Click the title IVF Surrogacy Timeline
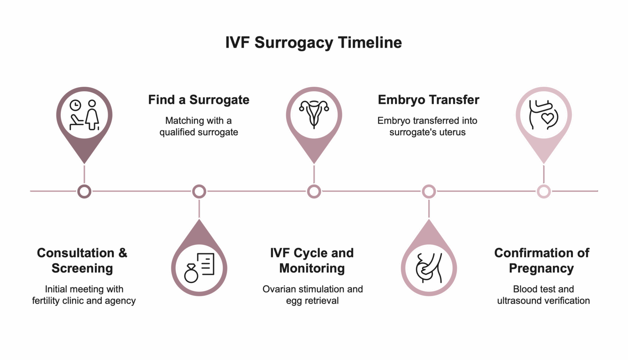tap(314, 43)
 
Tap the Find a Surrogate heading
tap(199, 100)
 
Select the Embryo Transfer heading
tap(428, 100)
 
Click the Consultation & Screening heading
tap(82, 261)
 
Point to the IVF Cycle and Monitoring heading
tap(312, 261)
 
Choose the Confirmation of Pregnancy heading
tap(541, 261)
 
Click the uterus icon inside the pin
tap(314, 115)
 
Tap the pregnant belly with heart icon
tap(543, 115)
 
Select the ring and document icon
tap(200, 268)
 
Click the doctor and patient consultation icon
tap(84, 115)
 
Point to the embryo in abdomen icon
tap(428, 268)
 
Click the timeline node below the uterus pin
tap(314, 191)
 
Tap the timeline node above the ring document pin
tap(199, 191)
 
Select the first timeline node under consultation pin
tap(84, 191)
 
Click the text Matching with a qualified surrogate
tap(199, 126)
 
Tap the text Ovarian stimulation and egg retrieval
tap(312, 295)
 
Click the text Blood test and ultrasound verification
tap(543, 295)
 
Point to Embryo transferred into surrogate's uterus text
tap(427, 126)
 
